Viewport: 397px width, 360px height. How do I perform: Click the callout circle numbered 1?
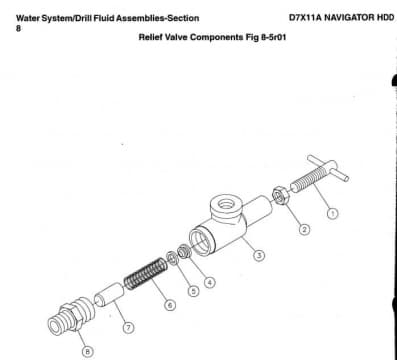click(332, 213)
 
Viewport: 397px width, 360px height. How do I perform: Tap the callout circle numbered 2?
click(304, 229)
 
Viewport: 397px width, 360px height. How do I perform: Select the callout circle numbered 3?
click(259, 255)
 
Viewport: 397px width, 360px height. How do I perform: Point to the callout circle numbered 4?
click(209, 283)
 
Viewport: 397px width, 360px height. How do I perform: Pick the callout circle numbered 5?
click(193, 291)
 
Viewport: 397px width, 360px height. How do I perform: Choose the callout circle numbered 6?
click(170, 305)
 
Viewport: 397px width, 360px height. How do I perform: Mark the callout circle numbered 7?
click(128, 327)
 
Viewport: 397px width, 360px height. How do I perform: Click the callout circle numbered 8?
click(88, 351)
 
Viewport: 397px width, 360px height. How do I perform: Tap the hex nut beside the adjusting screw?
click(280, 196)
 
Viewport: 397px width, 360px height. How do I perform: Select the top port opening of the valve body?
click(227, 203)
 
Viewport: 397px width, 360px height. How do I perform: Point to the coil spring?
click(145, 274)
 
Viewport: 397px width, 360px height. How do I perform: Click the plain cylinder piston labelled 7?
click(109, 295)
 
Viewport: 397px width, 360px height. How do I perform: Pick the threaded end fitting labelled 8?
click(70, 314)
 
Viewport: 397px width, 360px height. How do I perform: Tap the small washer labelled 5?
click(172, 259)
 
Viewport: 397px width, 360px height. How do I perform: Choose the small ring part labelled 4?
click(184, 251)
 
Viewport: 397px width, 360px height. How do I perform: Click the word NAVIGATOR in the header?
click(349, 17)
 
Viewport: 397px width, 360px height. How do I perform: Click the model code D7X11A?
click(305, 17)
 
